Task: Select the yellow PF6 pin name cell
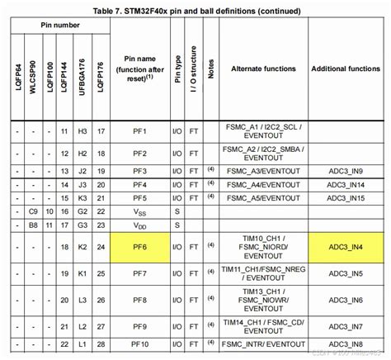coord(139,245)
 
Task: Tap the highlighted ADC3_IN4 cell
coord(345,245)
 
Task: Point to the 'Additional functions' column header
coord(345,68)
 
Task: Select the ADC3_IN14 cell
coord(345,184)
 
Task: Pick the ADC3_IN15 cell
coord(345,198)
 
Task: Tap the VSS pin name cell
coord(139,211)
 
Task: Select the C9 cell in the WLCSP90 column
coord(33,211)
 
